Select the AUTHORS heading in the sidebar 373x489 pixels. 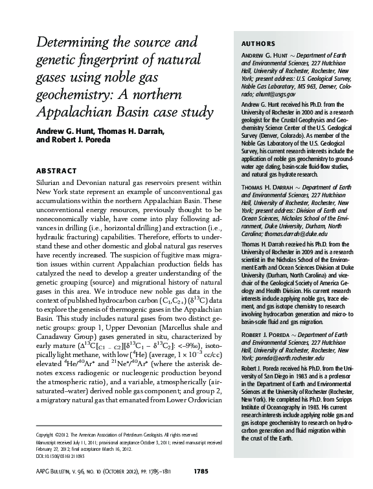(x=258, y=43)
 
